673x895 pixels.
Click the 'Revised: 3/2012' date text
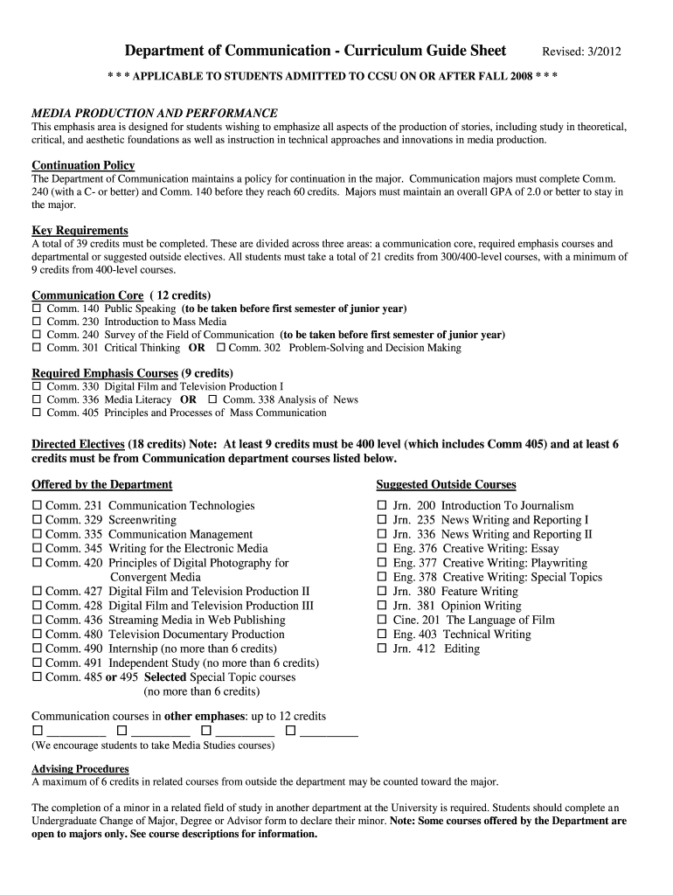point(582,52)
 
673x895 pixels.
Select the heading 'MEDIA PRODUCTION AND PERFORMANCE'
point(155,113)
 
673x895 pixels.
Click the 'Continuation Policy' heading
point(83,165)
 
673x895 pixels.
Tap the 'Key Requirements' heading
point(80,231)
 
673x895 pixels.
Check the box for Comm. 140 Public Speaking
point(37,309)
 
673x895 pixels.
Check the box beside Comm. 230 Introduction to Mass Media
point(37,322)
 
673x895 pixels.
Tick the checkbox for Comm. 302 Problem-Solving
point(220,348)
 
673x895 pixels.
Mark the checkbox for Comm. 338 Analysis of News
point(213,400)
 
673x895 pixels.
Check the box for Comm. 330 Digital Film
point(37,386)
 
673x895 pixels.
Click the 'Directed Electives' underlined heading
point(79,444)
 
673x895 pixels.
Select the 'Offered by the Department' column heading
point(102,484)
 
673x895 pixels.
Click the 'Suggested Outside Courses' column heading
point(446,484)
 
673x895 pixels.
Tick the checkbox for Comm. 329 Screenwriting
point(37,520)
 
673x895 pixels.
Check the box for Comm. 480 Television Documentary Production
point(37,635)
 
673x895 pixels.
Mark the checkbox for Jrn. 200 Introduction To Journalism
point(381,506)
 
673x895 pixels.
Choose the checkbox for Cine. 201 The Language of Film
point(381,621)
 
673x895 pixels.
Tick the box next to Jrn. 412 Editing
point(381,649)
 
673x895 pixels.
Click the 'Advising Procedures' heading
point(80,769)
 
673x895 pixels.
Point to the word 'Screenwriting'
point(142,520)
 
